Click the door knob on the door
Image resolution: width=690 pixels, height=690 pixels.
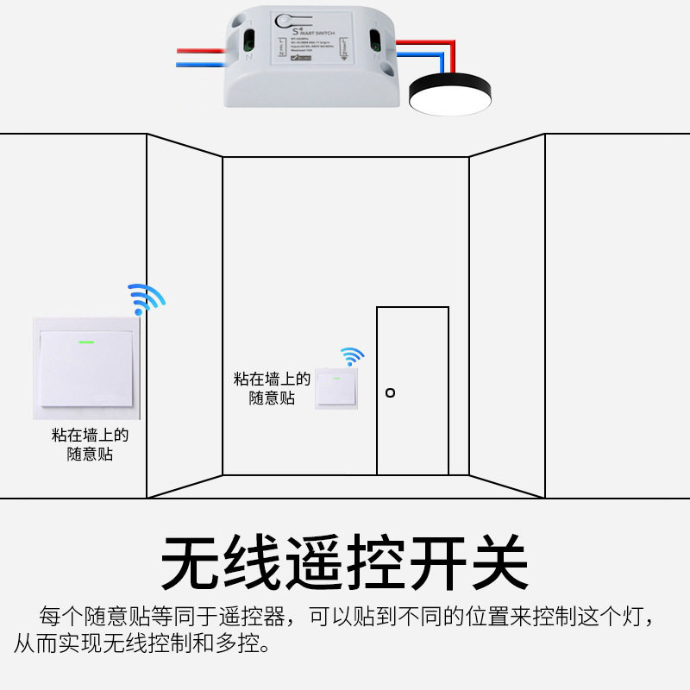pos(390,392)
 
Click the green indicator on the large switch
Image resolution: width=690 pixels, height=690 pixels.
pos(86,340)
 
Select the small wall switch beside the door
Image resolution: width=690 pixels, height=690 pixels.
pos(336,389)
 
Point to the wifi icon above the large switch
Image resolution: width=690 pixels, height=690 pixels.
pos(146,298)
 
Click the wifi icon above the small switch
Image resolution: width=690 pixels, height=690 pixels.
pos(351,356)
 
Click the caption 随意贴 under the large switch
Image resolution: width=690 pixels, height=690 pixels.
pos(90,454)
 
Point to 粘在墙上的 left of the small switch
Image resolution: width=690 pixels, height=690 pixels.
pos(272,379)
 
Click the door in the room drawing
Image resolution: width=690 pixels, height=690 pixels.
pos(412,390)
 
